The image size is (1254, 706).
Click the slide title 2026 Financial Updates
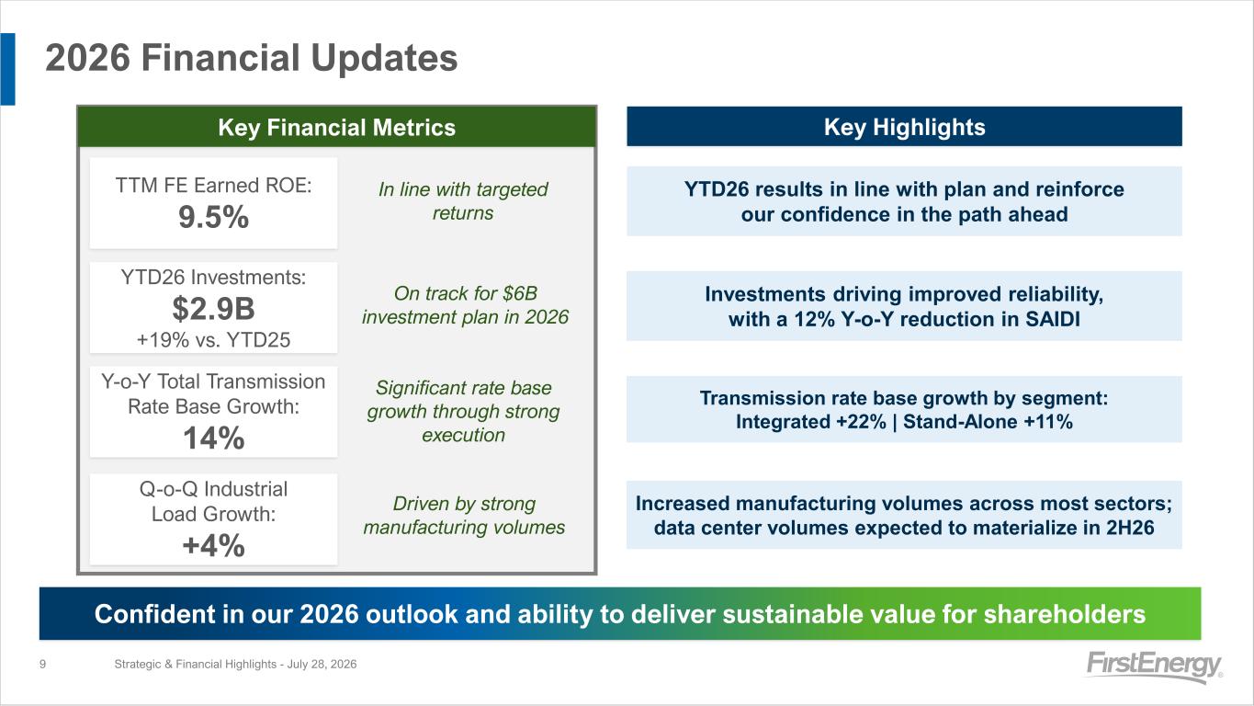pos(252,58)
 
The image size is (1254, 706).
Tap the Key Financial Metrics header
pos(337,127)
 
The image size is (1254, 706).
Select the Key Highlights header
pos(904,127)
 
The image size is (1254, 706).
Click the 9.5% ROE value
pos(213,217)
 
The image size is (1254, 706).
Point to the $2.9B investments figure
pos(213,309)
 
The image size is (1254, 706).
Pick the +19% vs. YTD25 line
pos(213,340)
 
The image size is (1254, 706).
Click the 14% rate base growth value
pos(214,438)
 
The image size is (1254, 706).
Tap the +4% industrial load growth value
pos(213,545)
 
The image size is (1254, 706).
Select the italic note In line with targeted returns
pos(463,201)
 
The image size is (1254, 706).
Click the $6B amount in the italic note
pos(520,293)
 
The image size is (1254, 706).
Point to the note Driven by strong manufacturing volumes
pos(464,516)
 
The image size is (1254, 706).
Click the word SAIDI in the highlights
pos(1053,319)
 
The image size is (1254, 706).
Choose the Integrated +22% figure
pos(811,421)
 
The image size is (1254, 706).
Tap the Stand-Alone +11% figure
pos(989,421)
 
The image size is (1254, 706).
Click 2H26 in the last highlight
pos(1130,528)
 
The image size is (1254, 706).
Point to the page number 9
pos(42,664)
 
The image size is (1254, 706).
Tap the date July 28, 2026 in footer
pos(322,664)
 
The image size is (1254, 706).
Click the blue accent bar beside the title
pos(8,69)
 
